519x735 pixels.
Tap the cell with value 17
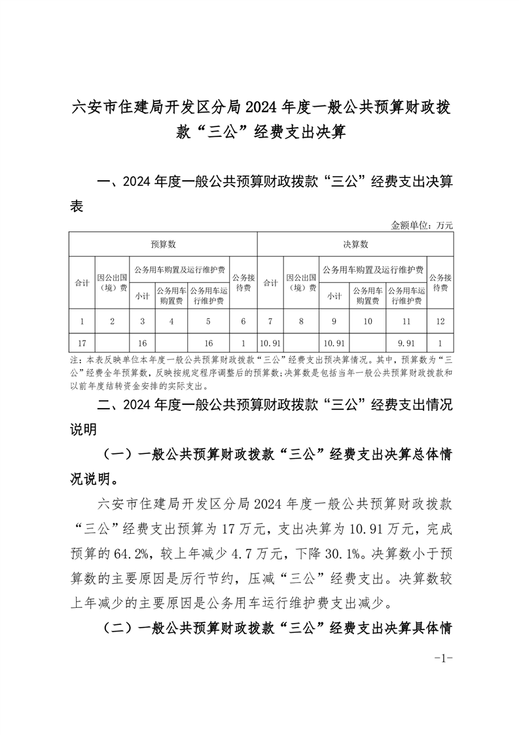click(82, 343)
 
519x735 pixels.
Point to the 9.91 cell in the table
click(406, 343)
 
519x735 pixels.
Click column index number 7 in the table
click(270, 321)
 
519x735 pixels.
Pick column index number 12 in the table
click(440, 321)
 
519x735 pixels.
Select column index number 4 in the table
click(171, 321)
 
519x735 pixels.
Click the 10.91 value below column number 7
click(270, 343)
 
